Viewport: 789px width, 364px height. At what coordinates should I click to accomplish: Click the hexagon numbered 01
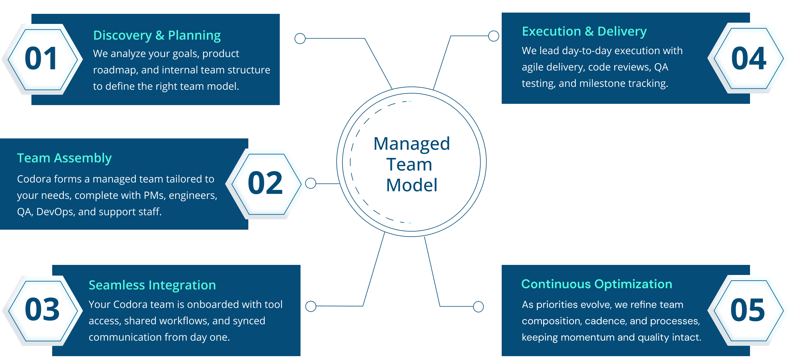pyautogui.click(x=41, y=59)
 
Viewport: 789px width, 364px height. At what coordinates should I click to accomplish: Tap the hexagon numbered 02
pyautogui.click(x=266, y=184)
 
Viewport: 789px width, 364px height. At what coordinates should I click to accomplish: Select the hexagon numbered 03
pyautogui.click(x=42, y=310)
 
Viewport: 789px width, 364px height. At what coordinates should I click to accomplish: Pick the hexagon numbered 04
pyautogui.click(x=748, y=59)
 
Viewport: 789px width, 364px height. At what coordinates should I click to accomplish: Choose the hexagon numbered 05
pyautogui.click(x=748, y=311)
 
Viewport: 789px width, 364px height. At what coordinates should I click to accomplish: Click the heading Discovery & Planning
pyautogui.click(x=157, y=36)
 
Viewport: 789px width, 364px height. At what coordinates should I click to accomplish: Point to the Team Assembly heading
pyautogui.click(x=64, y=158)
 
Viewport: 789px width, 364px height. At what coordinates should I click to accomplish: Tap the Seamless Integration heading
pyautogui.click(x=152, y=285)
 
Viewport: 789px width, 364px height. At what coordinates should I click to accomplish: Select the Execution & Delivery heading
pyautogui.click(x=584, y=31)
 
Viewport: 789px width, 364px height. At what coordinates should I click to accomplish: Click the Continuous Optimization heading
pyautogui.click(x=596, y=284)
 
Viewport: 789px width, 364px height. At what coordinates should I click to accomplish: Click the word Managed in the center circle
pyautogui.click(x=411, y=144)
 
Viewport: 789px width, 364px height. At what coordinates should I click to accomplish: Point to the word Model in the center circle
pyautogui.click(x=411, y=185)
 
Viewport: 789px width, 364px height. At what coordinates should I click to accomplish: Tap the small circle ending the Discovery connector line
pyautogui.click(x=300, y=39)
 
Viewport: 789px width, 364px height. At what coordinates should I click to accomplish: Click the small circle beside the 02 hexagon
pyautogui.click(x=311, y=183)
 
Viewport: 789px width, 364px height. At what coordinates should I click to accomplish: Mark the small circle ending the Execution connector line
pyautogui.click(x=494, y=36)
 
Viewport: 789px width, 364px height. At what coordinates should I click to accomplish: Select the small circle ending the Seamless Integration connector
pyautogui.click(x=311, y=306)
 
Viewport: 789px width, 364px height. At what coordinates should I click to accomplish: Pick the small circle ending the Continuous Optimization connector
pyautogui.click(x=478, y=306)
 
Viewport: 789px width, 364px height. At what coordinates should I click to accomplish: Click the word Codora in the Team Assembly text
pyautogui.click(x=34, y=179)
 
